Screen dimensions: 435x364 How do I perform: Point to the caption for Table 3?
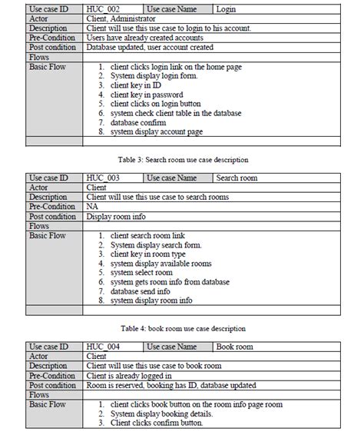click(x=183, y=159)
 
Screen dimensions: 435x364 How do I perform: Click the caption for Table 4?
click(x=181, y=328)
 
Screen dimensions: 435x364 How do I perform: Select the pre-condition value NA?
click(x=92, y=207)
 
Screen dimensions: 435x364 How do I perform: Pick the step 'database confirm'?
click(x=138, y=122)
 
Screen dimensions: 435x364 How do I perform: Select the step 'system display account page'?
click(x=156, y=131)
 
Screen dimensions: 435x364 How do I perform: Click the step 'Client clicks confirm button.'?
click(x=156, y=423)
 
